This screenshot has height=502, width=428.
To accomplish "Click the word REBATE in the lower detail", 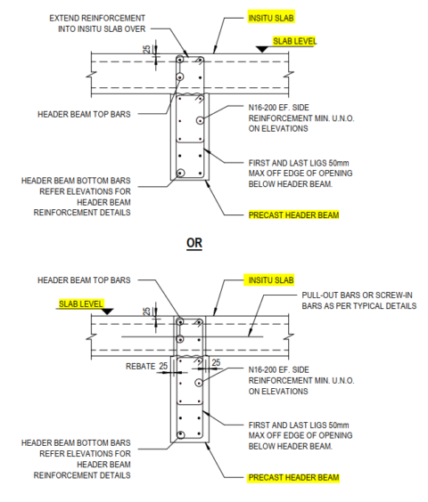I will click(x=140, y=364).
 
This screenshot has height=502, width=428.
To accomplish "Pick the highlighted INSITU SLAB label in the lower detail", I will click(x=269, y=279).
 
